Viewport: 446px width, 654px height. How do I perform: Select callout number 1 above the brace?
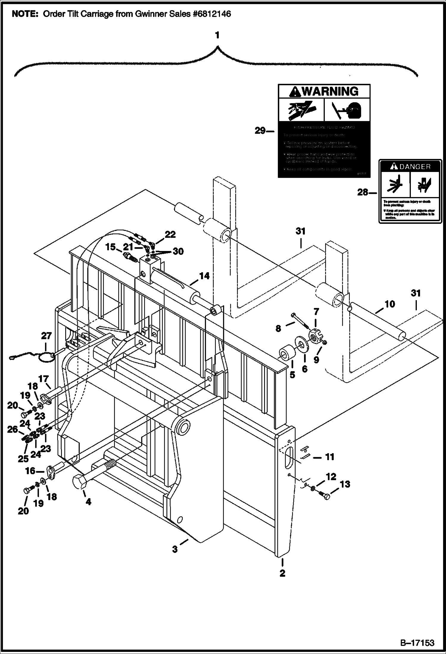(217, 35)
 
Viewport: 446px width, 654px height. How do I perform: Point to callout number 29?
(260, 131)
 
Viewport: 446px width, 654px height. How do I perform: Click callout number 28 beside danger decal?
(363, 193)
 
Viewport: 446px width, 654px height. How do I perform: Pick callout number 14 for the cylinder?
(204, 276)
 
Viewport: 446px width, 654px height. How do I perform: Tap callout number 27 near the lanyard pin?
(46, 336)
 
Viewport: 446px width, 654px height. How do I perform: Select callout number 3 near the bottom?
(175, 549)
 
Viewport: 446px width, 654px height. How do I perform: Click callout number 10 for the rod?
(389, 304)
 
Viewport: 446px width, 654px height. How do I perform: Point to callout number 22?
(170, 235)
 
